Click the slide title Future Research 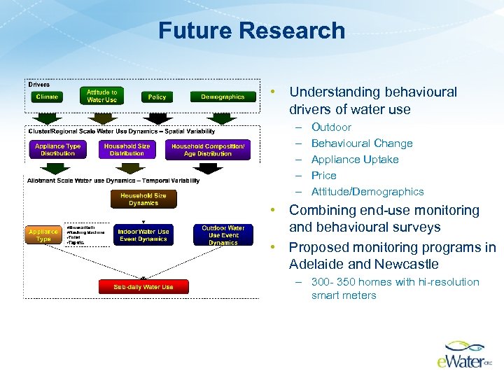coord(251,31)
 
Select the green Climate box coord(47,97)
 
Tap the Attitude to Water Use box coord(102,96)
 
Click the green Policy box coord(157,97)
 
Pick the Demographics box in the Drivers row coord(223,97)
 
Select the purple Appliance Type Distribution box coord(58,150)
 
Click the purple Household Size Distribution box coord(127,150)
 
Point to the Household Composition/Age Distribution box coord(208,150)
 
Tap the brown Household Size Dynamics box coord(143,199)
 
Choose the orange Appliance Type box coord(43,235)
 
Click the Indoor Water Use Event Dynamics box coord(143,235)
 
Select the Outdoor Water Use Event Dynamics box coord(223,235)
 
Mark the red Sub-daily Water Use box coord(143,286)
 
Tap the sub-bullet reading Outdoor coord(331,127)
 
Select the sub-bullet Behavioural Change coord(362,143)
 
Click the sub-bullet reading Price coord(323,176)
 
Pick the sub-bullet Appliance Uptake coord(355,160)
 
